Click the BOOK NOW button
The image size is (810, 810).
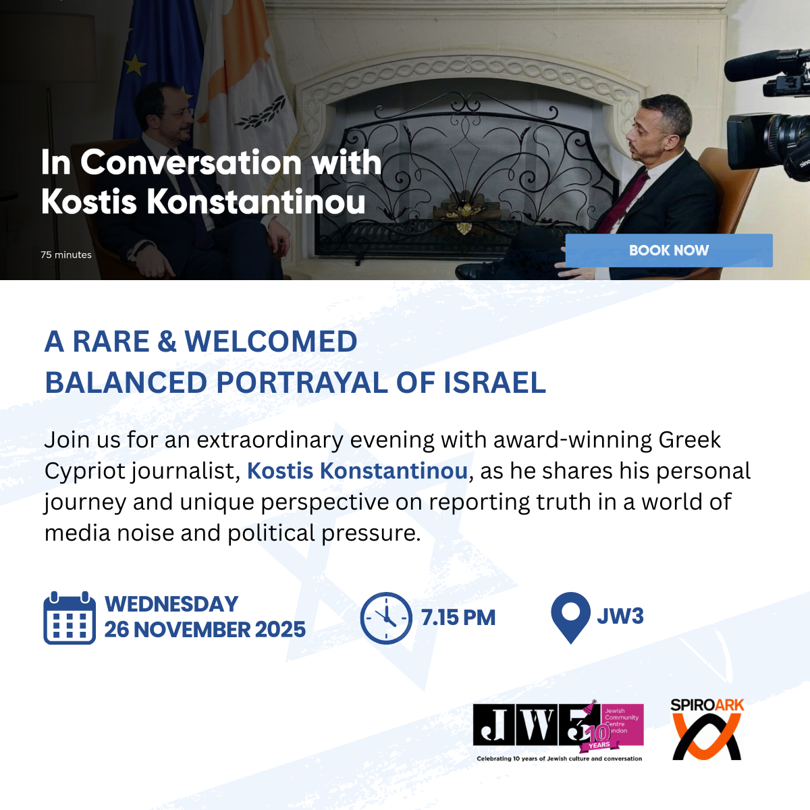pos(669,250)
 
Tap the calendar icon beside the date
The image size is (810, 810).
pos(70,618)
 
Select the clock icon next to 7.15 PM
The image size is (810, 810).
pos(386,618)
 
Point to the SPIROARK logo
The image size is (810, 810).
pos(707,729)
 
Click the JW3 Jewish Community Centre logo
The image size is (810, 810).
pos(559,731)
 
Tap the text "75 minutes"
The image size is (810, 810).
pos(66,254)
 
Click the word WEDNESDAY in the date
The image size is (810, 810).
pos(171,604)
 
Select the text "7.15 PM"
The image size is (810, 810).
pos(458,618)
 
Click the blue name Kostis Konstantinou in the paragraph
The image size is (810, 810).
pos(357,470)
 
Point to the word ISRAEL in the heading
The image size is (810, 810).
pos(495,383)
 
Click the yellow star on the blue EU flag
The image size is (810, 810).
pos(135,65)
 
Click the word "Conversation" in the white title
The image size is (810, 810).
pos(191,163)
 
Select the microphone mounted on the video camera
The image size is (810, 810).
pos(753,65)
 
